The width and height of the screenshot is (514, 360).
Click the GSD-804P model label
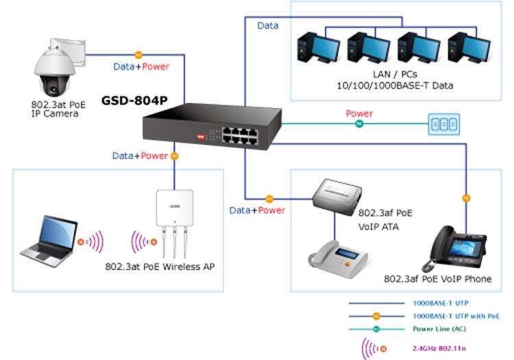(134, 101)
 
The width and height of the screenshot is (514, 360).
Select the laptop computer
(47, 240)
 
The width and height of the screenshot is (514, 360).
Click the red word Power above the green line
(359, 114)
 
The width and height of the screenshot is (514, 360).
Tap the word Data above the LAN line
(268, 25)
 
